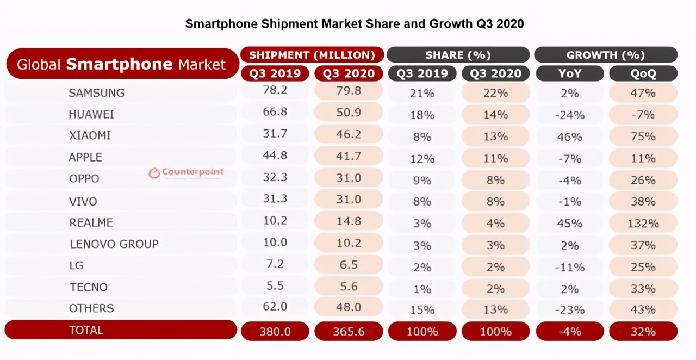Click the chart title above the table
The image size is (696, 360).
[x=354, y=24]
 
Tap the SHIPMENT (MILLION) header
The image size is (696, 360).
[x=312, y=55]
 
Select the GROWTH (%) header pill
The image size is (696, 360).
[x=605, y=55]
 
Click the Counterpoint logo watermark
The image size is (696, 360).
[x=186, y=173]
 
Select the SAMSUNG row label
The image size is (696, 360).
[x=96, y=93]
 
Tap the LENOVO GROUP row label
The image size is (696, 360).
[x=114, y=244]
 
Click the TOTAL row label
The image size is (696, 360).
[x=86, y=330]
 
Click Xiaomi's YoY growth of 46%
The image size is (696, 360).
[x=570, y=136]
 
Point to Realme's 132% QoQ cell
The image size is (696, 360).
[x=643, y=224]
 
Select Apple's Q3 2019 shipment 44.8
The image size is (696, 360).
[x=275, y=156]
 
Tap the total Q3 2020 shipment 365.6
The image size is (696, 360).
[x=349, y=331]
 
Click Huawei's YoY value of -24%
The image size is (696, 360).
[x=570, y=115]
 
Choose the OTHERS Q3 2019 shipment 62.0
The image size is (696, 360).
[x=275, y=307]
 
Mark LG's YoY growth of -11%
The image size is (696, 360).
[x=570, y=267]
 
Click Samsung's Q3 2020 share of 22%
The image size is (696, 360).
[x=495, y=93]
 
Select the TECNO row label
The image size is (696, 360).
[x=88, y=287]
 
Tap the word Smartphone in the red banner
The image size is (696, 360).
[x=119, y=64]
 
